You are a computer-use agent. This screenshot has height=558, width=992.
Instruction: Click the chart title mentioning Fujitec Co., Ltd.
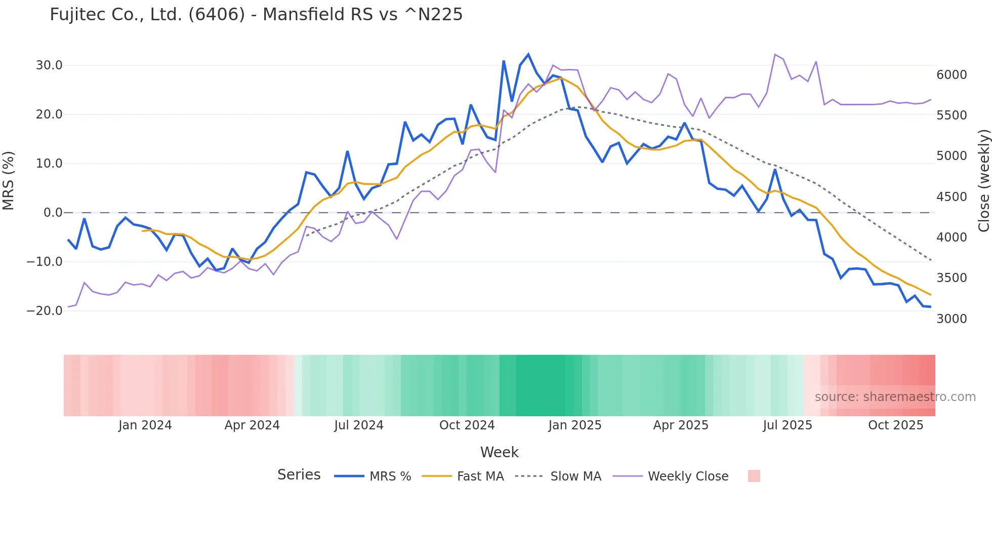(x=256, y=15)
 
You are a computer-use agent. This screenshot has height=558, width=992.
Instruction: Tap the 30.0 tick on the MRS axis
(x=49, y=65)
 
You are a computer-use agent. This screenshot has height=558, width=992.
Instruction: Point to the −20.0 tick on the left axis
(x=45, y=311)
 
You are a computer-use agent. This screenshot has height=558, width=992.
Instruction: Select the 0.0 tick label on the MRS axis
(x=53, y=213)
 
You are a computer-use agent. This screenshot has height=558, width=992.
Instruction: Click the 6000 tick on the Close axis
(x=952, y=75)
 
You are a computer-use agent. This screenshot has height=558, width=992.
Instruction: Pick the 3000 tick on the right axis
(x=952, y=318)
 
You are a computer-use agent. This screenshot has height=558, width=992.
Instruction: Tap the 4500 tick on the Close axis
(x=952, y=196)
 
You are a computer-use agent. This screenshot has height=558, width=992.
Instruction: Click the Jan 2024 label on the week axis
(x=145, y=425)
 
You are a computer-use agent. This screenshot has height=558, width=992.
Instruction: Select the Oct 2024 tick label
(x=467, y=425)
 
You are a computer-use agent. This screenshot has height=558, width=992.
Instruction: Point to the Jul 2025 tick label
(x=788, y=425)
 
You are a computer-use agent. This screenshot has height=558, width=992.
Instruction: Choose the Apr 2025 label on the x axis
(x=681, y=425)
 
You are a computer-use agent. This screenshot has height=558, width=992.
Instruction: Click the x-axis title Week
(x=499, y=452)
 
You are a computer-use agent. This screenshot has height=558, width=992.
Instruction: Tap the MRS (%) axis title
(x=9, y=180)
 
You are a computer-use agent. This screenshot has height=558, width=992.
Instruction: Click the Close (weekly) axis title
(x=983, y=181)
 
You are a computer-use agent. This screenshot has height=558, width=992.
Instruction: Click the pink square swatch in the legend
(x=754, y=476)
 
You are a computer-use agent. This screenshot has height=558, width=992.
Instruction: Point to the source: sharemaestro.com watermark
(x=895, y=397)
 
